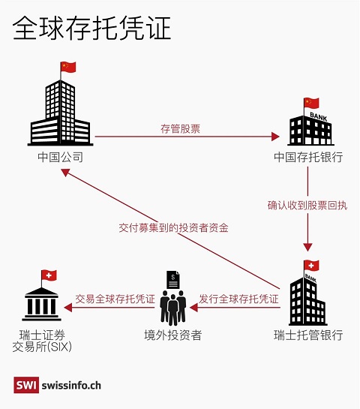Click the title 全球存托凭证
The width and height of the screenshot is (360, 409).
coord(91,28)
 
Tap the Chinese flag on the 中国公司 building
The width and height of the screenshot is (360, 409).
coord(68,67)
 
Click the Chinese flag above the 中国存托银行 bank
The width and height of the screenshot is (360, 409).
coord(311,103)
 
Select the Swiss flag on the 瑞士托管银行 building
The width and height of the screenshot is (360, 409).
coord(311,266)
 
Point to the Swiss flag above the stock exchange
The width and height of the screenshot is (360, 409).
coord(49,275)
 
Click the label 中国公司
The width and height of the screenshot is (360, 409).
coord(61,157)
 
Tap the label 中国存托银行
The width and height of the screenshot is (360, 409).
coord(308,157)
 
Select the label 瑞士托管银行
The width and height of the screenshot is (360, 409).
coord(308,335)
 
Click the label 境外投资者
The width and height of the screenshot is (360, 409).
coord(173,335)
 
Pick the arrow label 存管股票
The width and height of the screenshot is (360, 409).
coord(181,129)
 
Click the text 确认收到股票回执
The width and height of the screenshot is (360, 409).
coord(307,206)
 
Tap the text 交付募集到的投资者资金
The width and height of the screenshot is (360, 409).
coord(173,227)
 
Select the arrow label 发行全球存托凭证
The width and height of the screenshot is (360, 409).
coord(238,299)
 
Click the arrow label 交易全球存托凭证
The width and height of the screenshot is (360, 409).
coord(115,299)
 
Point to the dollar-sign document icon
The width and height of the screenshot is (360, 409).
coord(173,280)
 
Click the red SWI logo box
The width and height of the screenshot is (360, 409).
coord(26,385)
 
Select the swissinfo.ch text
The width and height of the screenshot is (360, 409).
coord(71,385)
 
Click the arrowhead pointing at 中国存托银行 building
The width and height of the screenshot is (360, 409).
coord(275,137)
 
